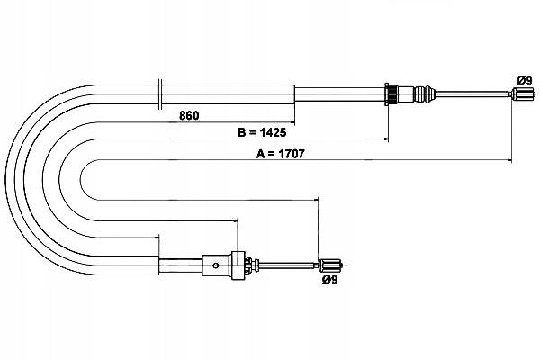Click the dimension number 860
(x=189, y=115)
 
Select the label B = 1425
(x=262, y=132)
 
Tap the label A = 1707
(x=280, y=154)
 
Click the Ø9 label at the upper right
(x=525, y=81)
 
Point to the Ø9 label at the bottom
(x=330, y=280)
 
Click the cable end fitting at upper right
(x=522, y=94)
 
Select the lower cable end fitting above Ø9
(x=329, y=265)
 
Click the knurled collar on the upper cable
(x=391, y=94)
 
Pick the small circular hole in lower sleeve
(x=216, y=265)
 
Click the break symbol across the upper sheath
(x=160, y=94)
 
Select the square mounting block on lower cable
(x=238, y=265)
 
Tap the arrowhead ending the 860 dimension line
(x=293, y=122)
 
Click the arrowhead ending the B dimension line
(x=386, y=139)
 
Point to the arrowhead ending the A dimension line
(x=509, y=160)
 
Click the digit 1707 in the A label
(x=291, y=154)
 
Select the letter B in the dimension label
(x=241, y=132)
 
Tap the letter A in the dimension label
(x=260, y=154)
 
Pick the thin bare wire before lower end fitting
(x=288, y=265)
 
